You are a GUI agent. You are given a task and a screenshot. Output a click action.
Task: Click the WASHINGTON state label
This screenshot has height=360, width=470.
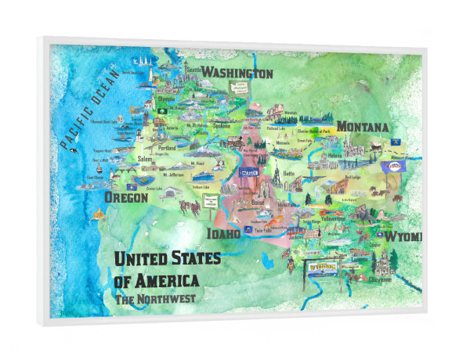237,74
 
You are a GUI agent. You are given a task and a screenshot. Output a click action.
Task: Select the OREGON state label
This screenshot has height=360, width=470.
126,198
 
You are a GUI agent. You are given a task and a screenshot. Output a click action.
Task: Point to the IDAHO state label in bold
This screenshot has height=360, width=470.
223,233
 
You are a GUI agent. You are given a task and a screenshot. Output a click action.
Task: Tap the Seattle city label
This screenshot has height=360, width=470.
195,70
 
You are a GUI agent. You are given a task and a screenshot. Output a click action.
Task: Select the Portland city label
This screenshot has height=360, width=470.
167,147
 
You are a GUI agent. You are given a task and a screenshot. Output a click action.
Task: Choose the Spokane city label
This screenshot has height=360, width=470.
222,125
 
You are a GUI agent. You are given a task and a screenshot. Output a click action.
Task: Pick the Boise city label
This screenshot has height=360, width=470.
258,201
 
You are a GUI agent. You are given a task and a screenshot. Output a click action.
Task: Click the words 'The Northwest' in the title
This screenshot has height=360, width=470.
155,298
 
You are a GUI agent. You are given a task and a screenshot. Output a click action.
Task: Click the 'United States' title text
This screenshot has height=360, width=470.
168,258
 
